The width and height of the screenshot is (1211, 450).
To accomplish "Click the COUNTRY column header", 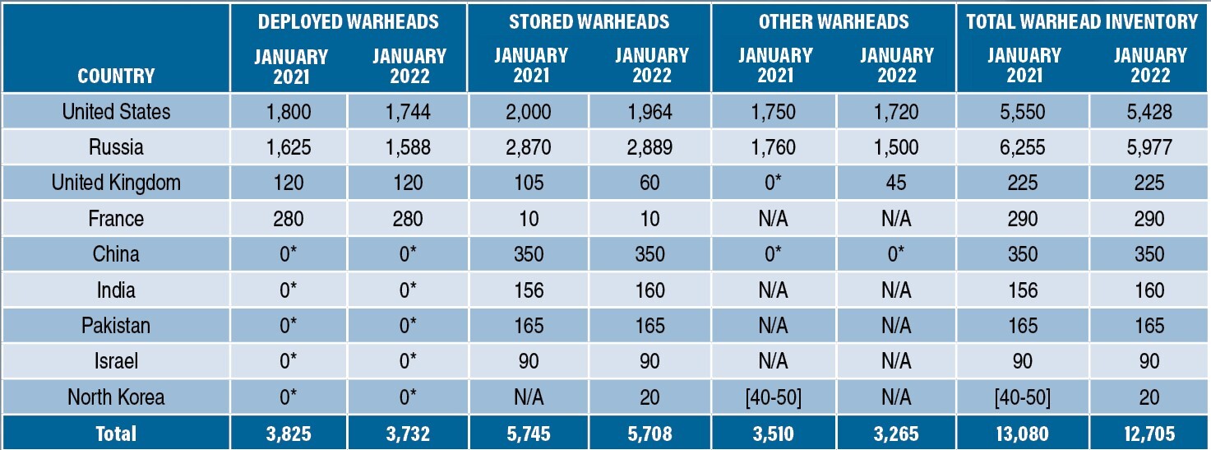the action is click(x=116, y=76).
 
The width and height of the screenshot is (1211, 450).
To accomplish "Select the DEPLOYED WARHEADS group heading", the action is click(x=348, y=21).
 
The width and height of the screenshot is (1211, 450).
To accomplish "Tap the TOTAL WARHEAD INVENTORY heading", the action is click(x=1082, y=21).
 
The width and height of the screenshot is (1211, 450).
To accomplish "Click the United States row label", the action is click(x=116, y=112).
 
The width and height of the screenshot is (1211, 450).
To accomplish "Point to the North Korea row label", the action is click(x=116, y=397).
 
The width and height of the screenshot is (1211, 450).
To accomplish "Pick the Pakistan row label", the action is click(x=116, y=326).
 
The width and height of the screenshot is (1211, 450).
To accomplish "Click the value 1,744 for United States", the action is click(x=408, y=112).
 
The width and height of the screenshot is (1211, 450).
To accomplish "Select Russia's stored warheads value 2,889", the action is click(x=649, y=147).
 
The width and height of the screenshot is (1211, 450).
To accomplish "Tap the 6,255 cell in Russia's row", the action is click(x=1023, y=147).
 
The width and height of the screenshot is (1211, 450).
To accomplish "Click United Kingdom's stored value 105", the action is click(x=529, y=183).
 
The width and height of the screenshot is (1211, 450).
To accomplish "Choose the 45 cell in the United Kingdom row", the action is click(x=896, y=183).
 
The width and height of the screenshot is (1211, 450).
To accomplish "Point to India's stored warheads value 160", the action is click(x=649, y=290).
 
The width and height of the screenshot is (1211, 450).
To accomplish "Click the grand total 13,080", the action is click(x=1023, y=434).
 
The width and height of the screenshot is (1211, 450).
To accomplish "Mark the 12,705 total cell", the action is click(x=1149, y=434).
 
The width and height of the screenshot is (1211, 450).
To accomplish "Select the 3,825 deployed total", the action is click(x=289, y=434).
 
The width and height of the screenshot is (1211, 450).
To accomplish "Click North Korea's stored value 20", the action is click(x=649, y=397).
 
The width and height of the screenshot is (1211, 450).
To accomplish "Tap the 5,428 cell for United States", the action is click(x=1149, y=112).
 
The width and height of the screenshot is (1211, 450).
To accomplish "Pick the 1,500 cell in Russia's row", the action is click(x=896, y=147).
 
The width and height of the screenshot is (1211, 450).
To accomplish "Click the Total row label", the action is click(x=116, y=434).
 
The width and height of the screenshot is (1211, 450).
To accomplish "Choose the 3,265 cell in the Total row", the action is click(x=896, y=434).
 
